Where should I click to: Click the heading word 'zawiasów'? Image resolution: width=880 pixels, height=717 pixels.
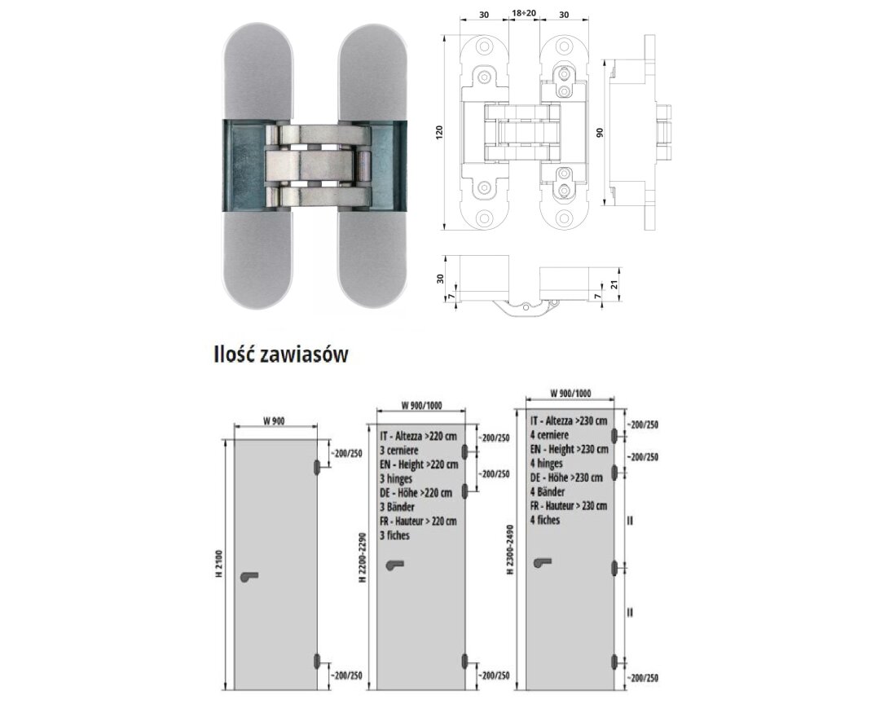pos(305,354)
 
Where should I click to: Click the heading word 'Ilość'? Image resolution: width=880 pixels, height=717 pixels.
pos(234,354)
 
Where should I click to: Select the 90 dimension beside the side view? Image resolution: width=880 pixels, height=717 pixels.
pos(600,133)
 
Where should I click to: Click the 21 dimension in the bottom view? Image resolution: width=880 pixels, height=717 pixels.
pos(614,285)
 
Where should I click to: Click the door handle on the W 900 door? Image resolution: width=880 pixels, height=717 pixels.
pos(249,576)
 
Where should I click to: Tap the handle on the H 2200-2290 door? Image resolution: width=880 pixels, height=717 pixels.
pos(395,565)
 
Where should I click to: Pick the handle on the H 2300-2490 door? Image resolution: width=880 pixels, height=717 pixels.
pos(542,562)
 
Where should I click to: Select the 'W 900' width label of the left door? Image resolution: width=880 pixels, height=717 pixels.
pos(274,422)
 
